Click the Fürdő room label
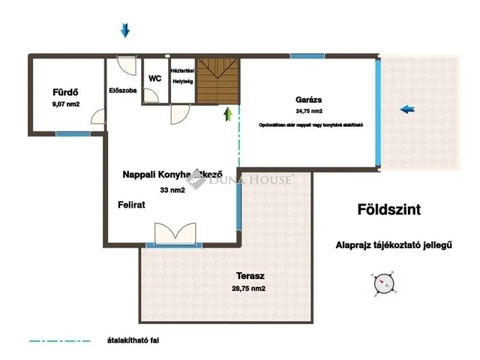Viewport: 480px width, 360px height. tap(66, 93)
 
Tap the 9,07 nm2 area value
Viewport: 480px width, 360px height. tap(66, 105)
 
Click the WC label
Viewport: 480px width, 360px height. tap(155, 78)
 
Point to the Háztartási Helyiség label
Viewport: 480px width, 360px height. tap(183, 74)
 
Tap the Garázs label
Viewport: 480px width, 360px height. tap(310, 99)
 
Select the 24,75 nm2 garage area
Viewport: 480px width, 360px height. tap(310, 110)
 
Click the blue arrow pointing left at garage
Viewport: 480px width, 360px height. tap(407, 109)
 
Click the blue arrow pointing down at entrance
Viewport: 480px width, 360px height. tap(125, 30)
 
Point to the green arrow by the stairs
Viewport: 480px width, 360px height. tap(227, 113)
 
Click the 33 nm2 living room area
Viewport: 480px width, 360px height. tap(172, 190)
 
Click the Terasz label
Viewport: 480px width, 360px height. tap(247, 275)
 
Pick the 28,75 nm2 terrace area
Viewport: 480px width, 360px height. tap(247, 288)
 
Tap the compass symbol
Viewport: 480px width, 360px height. tap(384, 283)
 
